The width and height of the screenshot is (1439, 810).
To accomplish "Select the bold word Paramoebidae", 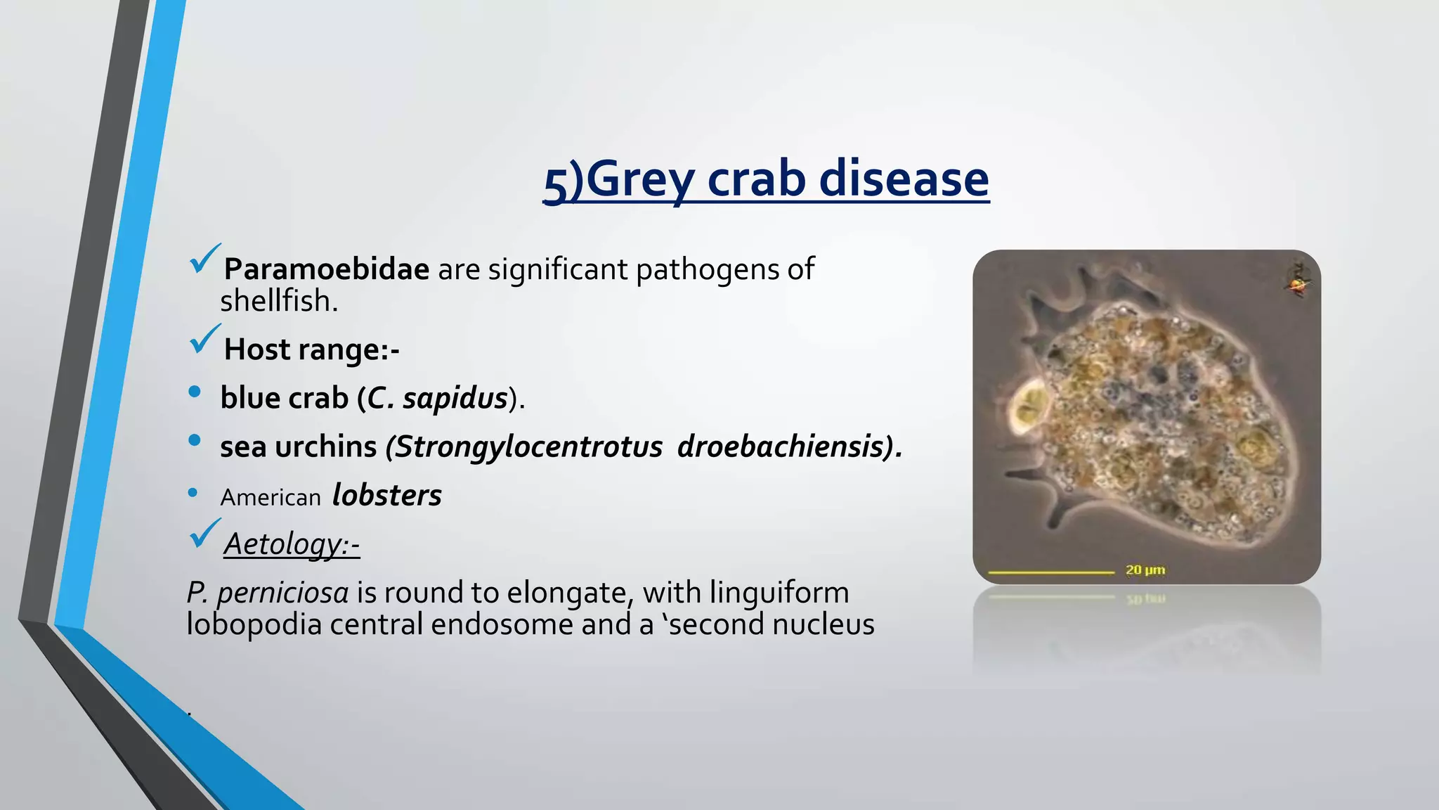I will coord(326,269).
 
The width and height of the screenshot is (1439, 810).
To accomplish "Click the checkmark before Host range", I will coord(204,340).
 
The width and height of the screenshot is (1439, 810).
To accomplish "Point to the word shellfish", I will coord(278,302).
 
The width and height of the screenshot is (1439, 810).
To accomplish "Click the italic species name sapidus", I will coord(455,398).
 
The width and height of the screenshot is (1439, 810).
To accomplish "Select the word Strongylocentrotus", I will coord(528,446).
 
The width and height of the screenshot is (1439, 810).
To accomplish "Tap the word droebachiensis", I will coord(780,446).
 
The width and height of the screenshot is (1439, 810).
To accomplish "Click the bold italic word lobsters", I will coord(386,495).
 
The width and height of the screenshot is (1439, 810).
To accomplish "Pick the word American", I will coord(271,498).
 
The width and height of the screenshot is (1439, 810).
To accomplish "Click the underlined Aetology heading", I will coord(291,544).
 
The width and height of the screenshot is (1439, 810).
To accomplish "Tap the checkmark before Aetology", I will coord(204,534).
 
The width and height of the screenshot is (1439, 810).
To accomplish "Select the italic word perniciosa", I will coord(282,592).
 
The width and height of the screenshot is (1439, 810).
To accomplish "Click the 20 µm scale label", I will coord(1145,570).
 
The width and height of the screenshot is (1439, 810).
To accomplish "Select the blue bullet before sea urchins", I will coord(195,441).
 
